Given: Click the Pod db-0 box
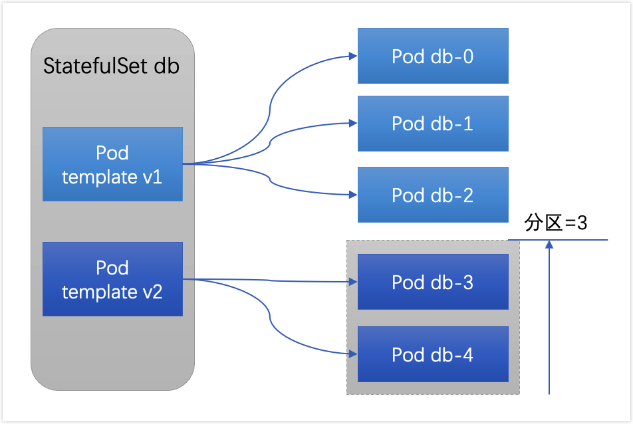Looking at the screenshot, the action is click(433, 56).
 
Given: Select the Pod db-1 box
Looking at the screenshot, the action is click(433, 124).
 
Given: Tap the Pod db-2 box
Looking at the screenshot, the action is click(433, 195).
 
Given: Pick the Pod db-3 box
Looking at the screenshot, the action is click(433, 282).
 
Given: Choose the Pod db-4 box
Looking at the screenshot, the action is click(433, 354).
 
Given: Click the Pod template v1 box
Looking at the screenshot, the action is click(112, 164).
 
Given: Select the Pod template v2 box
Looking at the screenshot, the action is click(112, 279).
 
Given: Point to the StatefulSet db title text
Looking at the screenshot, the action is click(112, 66).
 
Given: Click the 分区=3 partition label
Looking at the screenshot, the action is click(555, 223).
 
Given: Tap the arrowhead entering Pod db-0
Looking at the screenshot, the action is click(353, 56).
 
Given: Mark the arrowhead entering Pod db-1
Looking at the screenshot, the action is click(353, 123).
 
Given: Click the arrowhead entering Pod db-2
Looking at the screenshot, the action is click(353, 195).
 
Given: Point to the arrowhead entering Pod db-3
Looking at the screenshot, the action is click(353, 282).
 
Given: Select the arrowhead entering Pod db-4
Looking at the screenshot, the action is click(353, 354).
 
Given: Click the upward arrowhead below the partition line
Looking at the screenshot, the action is click(549, 245).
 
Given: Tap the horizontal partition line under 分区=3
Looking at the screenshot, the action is click(558, 240).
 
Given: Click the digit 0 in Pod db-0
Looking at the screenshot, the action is click(468, 56).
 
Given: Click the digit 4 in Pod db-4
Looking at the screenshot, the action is click(468, 355).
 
